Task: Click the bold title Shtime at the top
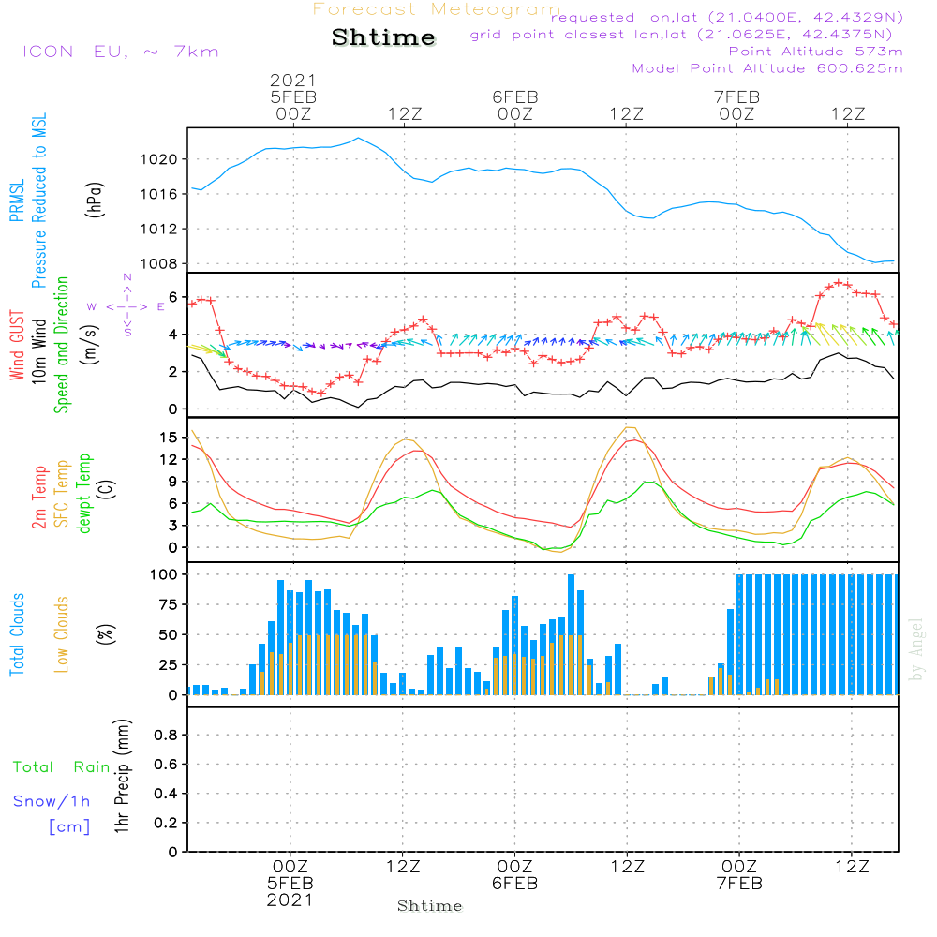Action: pos(384,37)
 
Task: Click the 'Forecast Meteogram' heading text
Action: pos(437,9)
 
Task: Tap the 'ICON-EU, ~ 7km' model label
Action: pos(120,52)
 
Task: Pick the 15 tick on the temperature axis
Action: pos(168,438)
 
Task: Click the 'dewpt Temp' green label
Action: pos(84,494)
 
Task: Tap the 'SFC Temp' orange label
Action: pos(62,494)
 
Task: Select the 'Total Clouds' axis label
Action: pos(17,634)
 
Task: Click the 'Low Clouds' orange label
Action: pos(62,634)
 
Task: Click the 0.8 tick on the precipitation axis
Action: pos(166,736)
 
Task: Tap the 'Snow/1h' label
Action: pos(52,801)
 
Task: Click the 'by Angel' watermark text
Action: pos(916,649)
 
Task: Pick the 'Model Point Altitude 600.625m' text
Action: pos(767,68)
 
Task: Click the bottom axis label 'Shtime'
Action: pos(430,906)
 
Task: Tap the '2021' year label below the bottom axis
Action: pos(290,900)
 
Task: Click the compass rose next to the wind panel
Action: pos(127,305)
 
